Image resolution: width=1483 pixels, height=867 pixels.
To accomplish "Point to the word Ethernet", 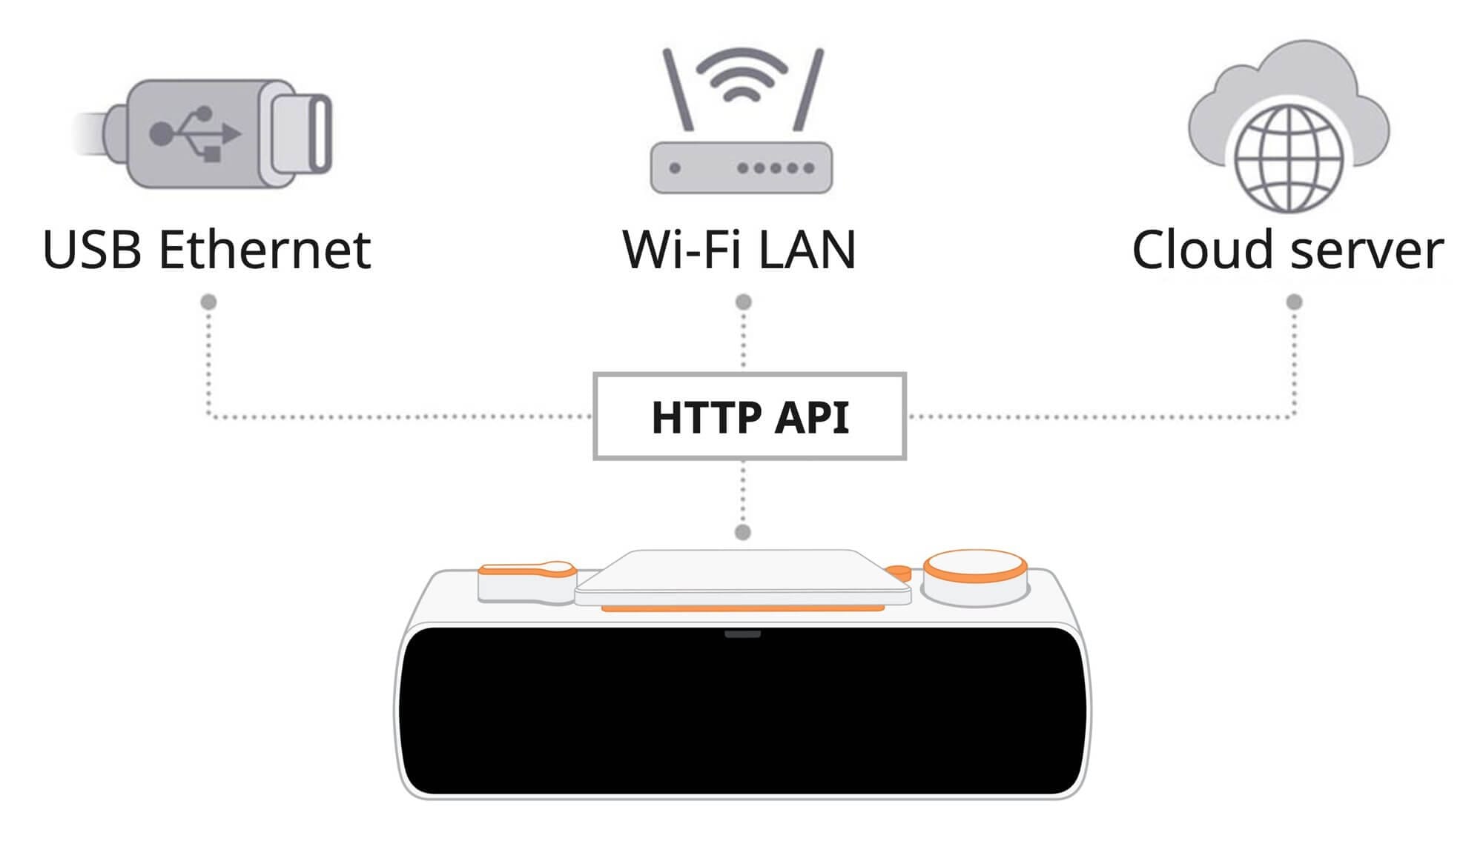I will coord(265,250).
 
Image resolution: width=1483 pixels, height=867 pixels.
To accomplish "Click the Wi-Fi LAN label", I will coord(739,250).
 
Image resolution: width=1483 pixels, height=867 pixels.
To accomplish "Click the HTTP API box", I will coord(750,416).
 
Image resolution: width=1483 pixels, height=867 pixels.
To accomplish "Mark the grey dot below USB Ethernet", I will coord(209,302).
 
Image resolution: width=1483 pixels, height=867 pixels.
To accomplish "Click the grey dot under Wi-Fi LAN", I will coord(743,302).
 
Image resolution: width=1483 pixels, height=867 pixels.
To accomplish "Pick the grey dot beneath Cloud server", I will coord(1294,302).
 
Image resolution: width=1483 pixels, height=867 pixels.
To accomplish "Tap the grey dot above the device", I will coord(742,532).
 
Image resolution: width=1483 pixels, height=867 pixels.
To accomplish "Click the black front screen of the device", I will coord(741,711).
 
